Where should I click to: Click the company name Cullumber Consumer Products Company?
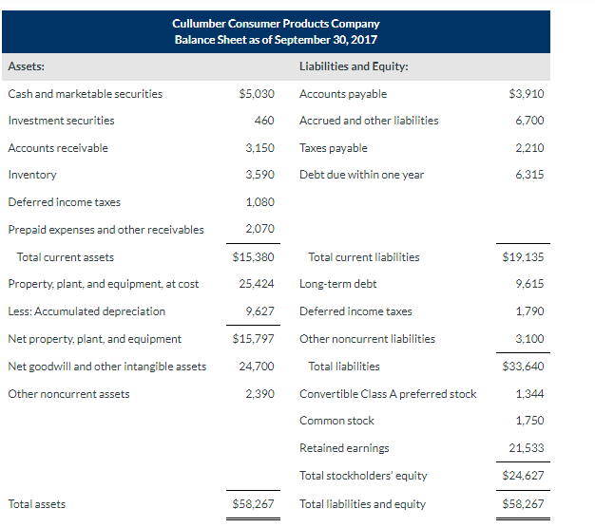click(x=276, y=24)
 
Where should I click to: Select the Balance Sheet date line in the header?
click(x=276, y=39)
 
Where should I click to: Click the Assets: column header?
click(x=26, y=66)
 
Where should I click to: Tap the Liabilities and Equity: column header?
click(x=347, y=66)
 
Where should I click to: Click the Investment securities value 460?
click(x=264, y=121)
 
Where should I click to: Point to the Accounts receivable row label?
click(x=58, y=148)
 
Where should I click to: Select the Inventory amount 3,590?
click(x=259, y=175)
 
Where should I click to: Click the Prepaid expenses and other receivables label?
click(x=106, y=230)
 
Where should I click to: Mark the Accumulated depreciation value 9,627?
click(x=259, y=311)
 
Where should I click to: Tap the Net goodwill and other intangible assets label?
click(x=106, y=367)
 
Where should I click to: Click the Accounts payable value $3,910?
click(x=526, y=94)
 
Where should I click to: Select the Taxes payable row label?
click(x=333, y=148)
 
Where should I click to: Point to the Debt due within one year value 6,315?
click(x=528, y=175)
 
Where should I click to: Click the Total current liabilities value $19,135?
click(x=523, y=257)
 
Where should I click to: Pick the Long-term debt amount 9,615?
click(x=528, y=284)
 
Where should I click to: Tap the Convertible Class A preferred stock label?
click(x=388, y=394)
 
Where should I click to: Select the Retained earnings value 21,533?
click(x=526, y=448)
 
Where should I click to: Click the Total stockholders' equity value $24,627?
click(x=523, y=476)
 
